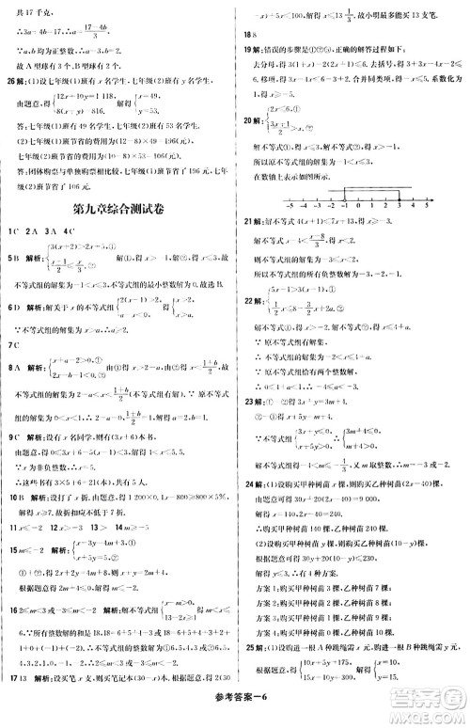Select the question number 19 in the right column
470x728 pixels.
coord(246,47)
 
